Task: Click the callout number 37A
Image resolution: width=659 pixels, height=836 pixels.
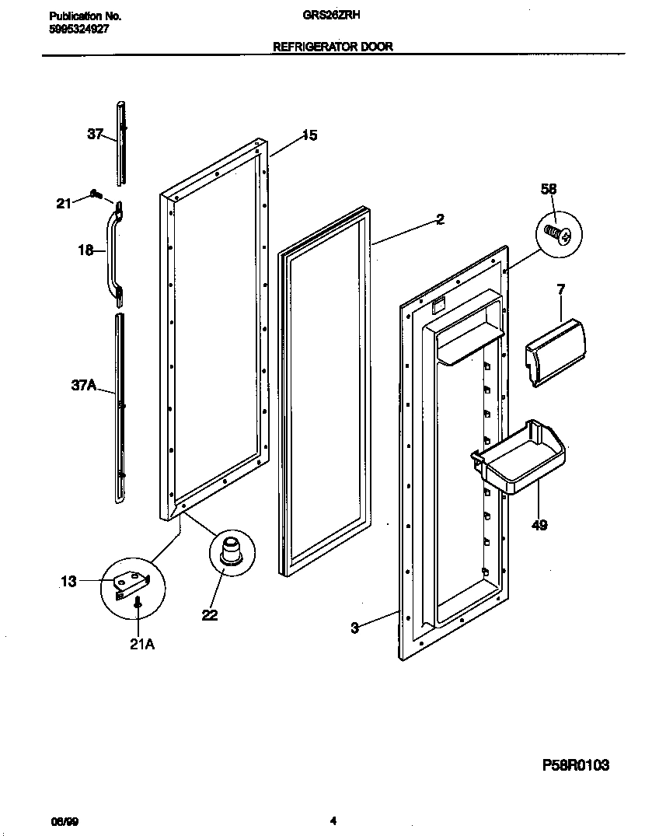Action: coord(84,383)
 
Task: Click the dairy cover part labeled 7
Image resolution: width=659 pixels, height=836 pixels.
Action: coord(556,350)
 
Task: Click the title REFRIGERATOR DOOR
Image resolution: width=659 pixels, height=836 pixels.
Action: coord(333,47)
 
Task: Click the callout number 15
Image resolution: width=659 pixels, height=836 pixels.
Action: coord(309,136)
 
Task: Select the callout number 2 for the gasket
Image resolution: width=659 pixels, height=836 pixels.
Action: coord(440,220)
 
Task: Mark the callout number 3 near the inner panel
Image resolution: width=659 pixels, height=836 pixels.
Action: coord(354,628)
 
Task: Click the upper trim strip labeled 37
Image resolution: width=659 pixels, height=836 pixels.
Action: coord(121,144)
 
